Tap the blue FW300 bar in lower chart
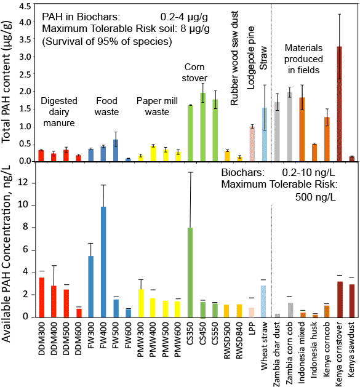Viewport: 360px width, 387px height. pyautogui.click(x=90, y=286)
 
